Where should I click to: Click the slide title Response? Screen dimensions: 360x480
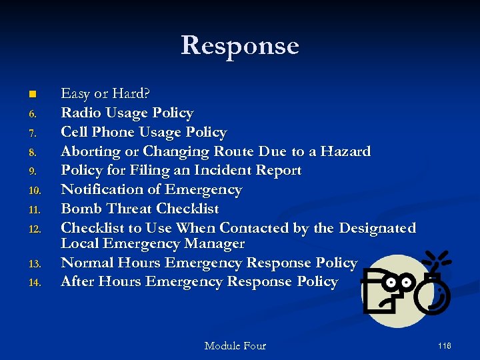pyautogui.click(x=240, y=45)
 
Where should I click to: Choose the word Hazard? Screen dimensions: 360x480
pyautogui.click(x=345, y=151)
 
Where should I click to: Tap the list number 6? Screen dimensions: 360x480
pyautogui.click(x=37, y=114)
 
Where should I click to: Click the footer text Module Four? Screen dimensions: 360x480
pyautogui.click(x=235, y=345)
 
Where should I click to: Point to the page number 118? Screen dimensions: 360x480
pyautogui.click(x=444, y=345)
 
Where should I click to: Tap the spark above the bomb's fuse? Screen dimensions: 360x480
pyautogui.click(x=437, y=259)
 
